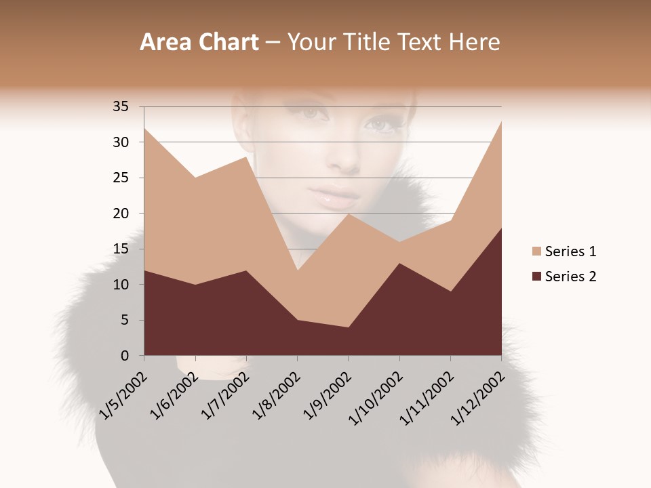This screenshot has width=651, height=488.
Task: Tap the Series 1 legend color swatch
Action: click(537, 251)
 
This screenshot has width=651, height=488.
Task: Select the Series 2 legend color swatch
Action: click(537, 276)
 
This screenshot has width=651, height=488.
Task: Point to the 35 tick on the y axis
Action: click(120, 106)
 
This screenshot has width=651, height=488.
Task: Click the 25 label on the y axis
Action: click(120, 178)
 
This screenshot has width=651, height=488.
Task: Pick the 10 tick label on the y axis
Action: click(120, 285)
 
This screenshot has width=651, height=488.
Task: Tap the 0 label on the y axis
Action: click(124, 356)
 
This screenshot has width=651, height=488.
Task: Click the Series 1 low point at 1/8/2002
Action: click(297, 270)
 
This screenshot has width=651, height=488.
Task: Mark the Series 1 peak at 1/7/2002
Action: click(246, 157)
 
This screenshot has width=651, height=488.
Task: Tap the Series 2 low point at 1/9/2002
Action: click(349, 327)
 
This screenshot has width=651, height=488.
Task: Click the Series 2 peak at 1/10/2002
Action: click(399, 264)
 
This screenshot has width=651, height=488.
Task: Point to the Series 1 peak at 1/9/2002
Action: click(349, 214)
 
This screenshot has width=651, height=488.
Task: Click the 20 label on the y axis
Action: click(120, 213)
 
